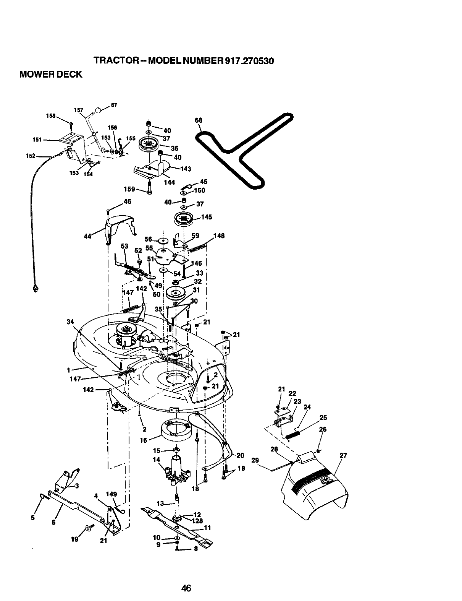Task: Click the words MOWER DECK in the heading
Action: tap(51, 75)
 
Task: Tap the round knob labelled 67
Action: tap(99, 110)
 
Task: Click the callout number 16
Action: tap(143, 440)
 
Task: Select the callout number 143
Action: tap(186, 169)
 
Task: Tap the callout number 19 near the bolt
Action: tap(74, 539)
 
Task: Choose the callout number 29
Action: tap(255, 460)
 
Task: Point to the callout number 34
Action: tap(70, 322)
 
